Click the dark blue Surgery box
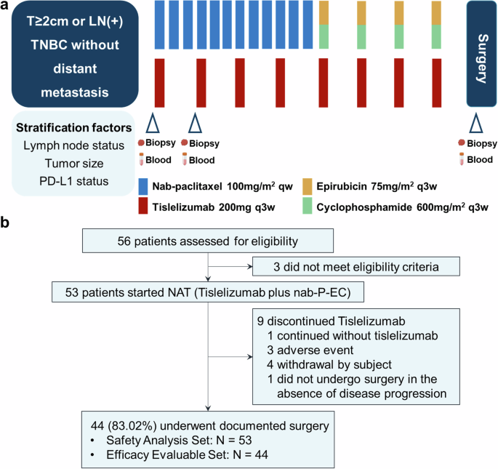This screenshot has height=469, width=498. (482, 53)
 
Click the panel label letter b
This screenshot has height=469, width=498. (6, 219)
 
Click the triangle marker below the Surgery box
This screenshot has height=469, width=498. (475, 122)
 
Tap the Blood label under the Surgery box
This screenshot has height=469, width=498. (479, 160)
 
